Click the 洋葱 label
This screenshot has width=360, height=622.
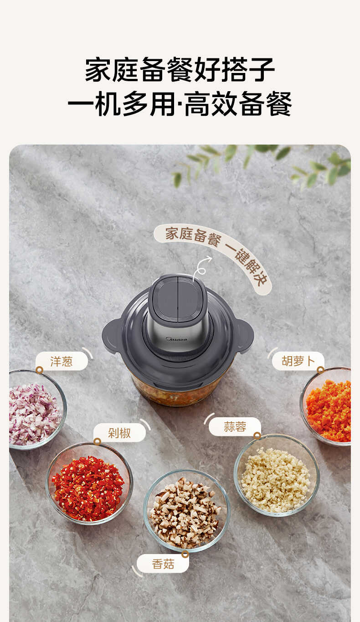62,361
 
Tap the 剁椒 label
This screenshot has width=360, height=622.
119,432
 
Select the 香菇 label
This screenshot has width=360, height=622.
163,564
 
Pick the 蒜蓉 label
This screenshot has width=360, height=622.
235,426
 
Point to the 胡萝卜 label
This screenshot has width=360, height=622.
298,361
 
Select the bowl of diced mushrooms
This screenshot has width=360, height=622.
186,510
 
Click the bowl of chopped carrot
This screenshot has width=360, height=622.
328,405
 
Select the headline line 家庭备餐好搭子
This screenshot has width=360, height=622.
180,69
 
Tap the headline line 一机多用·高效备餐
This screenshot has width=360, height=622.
180,104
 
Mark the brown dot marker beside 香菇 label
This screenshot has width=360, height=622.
185,554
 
